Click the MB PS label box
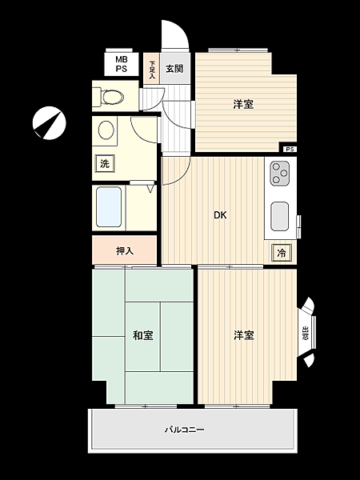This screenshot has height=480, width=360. (121, 64)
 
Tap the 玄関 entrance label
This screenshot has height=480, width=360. (174, 68)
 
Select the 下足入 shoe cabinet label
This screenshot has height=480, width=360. (152, 67)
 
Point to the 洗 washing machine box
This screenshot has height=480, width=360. (104, 164)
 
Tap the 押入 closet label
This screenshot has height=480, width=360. (124, 250)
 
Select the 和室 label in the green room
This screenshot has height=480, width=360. (143, 335)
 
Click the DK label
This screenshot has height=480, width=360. (219, 214)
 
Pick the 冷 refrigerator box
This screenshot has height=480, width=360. (282, 253)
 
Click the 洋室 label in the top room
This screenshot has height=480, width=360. (244, 104)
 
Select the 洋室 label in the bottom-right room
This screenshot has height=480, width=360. (244, 335)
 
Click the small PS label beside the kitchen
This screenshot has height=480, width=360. (289, 150)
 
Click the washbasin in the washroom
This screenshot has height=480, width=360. (104, 131)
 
